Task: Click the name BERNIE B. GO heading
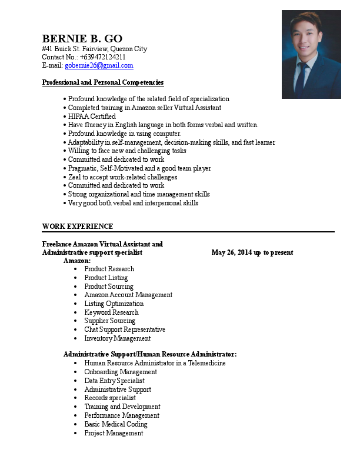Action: pyautogui.click(x=82, y=39)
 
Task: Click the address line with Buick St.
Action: pyautogui.click(x=95, y=49)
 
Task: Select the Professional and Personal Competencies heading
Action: pyautogui.click(x=102, y=82)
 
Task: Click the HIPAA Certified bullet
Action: pyautogui.click(x=92, y=116)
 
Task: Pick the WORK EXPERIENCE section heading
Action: pyautogui.click(x=78, y=227)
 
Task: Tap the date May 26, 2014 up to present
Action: pyautogui.click(x=252, y=252)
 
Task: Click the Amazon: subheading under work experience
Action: pyautogui.click(x=77, y=260)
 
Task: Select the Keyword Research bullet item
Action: pyautogui.click(x=111, y=312)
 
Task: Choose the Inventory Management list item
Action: pyautogui.click(x=117, y=338)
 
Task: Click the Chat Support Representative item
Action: pyautogui.click(x=125, y=329)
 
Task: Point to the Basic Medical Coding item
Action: pyautogui.click(x=115, y=424)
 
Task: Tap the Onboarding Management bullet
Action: pyautogui.click(x=121, y=372)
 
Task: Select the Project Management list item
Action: pyautogui.click(x=114, y=433)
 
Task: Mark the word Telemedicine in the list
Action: pyautogui.click(x=206, y=363)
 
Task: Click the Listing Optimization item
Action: pyautogui.click(x=114, y=304)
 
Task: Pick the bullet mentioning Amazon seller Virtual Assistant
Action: pyautogui.click(x=144, y=108)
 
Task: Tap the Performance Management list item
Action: pyautogui.click(x=122, y=415)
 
